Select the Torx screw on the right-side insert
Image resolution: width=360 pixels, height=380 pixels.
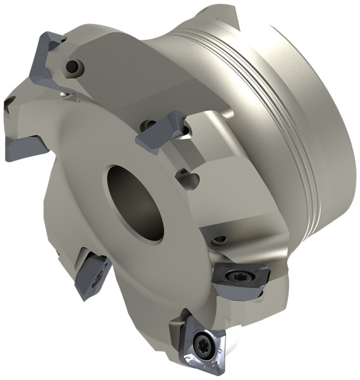240,275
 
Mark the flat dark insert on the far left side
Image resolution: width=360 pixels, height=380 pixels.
24,147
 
